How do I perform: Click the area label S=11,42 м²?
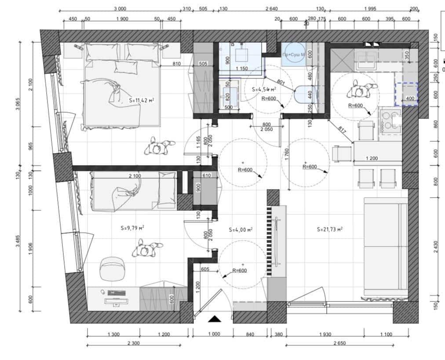(x=142, y=100)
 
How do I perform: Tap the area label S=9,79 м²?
(x=132, y=228)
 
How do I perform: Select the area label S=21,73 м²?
(x=329, y=229)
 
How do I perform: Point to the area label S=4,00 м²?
(x=241, y=230)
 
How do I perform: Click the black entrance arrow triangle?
(x=214, y=319)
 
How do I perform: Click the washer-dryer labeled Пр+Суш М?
(x=293, y=54)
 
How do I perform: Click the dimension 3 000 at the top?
(x=120, y=8)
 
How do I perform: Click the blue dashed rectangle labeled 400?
(x=406, y=94)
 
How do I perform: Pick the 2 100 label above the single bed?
(x=135, y=176)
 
